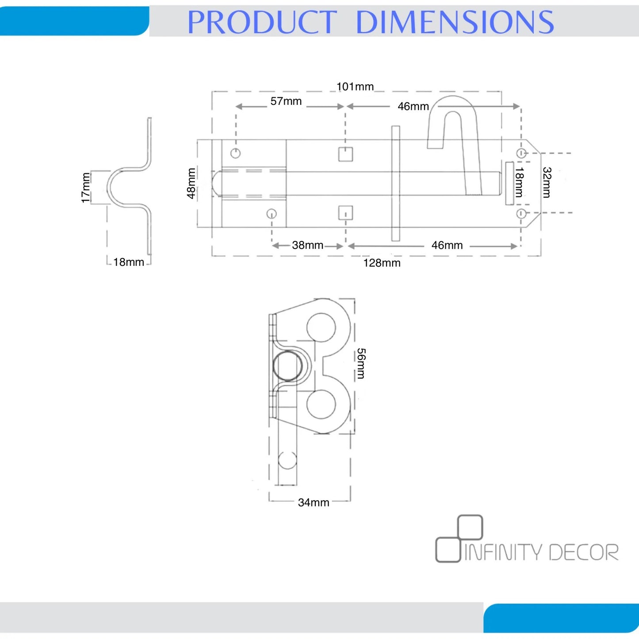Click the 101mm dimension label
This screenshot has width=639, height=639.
(355, 87)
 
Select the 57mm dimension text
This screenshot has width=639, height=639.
(286, 101)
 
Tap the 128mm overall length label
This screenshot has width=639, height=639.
(382, 263)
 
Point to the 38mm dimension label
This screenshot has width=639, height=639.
(307, 245)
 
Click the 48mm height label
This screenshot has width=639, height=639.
(191, 184)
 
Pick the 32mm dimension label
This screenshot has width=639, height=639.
(547, 182)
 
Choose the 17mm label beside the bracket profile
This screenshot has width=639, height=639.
(85, 187)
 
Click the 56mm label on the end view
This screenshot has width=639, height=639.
(361, 364)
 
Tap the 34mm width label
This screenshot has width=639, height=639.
(314, 502)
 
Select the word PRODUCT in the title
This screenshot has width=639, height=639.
(262, 22)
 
